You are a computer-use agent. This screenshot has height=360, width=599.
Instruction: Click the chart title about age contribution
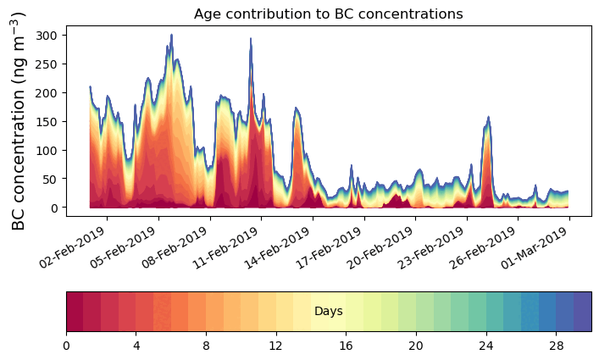328,14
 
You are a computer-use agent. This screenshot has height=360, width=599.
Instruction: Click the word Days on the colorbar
328,312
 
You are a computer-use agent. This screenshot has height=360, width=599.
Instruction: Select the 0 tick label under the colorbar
66,346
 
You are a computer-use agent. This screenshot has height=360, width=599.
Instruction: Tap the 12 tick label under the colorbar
275,346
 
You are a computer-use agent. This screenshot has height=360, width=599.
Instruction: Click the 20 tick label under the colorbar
415,346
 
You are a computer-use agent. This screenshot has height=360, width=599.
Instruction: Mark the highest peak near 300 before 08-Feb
171,36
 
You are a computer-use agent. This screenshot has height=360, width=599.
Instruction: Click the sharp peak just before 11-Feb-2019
251,39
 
